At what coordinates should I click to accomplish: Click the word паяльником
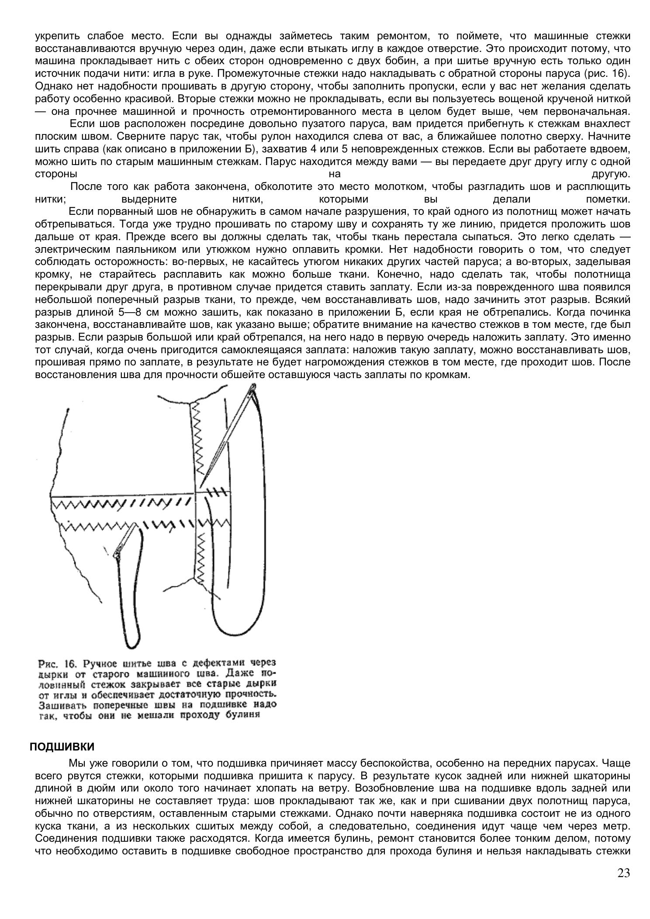pyautogui.click(x=134, y=250)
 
